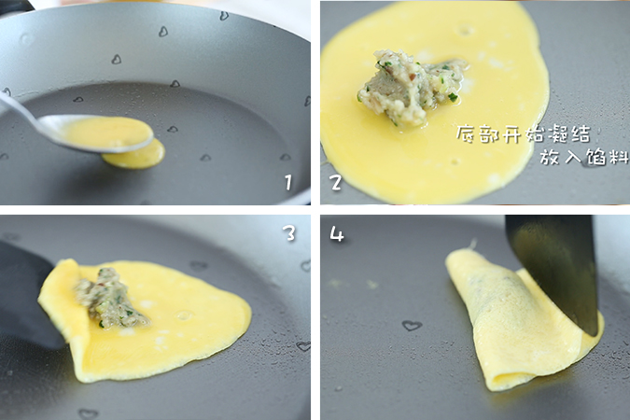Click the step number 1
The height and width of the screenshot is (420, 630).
pos(289,182)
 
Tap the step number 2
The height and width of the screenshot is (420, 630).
pos(336,182)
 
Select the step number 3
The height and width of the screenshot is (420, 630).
pos(289,232)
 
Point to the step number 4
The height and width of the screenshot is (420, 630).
pos(337,233)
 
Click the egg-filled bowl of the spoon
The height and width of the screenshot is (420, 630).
pos(107,133)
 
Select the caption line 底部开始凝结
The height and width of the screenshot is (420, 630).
pos(523,133)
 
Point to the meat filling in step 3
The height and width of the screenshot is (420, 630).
pos(110,299)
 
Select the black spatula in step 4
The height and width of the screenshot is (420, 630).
pos(555,266)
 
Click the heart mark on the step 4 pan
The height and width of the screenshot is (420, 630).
pos(412,326)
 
